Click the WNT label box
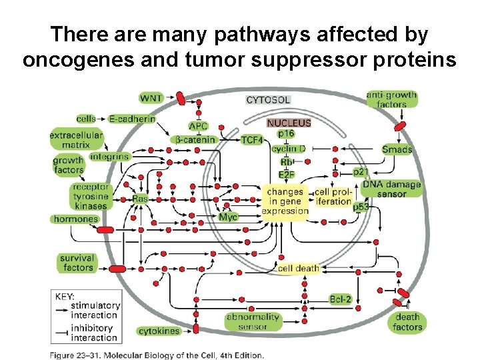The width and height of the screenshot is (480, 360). [x=150, y=99]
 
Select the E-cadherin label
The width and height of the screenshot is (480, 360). [x=132, y=119]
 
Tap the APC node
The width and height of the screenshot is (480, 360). [x=199, y=126]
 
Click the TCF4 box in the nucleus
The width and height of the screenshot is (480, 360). [x=252, y=140]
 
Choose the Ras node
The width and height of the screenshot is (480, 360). [x=140, y=199]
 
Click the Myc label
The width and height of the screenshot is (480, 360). [x=228, y=217]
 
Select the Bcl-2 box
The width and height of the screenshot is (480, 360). [x=340, y=299]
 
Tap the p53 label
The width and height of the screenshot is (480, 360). [x=361, y=207]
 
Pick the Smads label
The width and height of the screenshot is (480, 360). [x=397, y=149]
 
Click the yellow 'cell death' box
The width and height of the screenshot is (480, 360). [x=299, y=268]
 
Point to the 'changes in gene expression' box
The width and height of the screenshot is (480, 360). [x=285, y=201]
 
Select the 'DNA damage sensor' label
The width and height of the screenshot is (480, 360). [x=391, y=189]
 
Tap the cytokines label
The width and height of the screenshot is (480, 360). [x=159, y=331]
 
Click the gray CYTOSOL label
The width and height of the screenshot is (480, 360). [x=268, y=100]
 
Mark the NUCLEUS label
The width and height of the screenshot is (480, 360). [x=289, y=123]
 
